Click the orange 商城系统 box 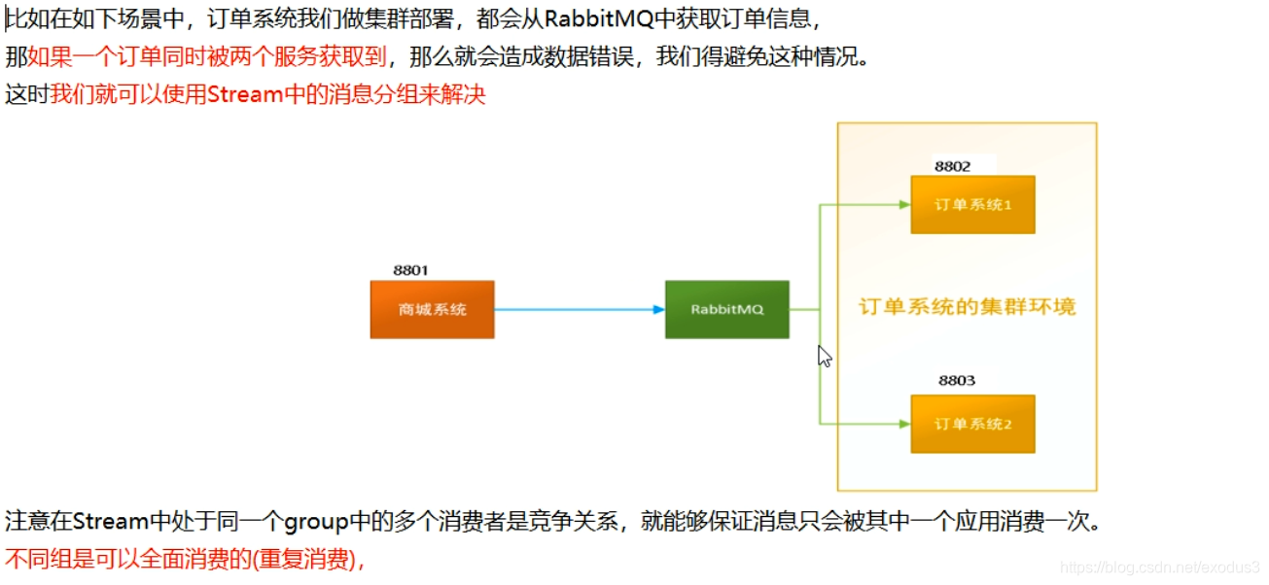click(x=432, y=309)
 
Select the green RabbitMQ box click(x=726, y=309)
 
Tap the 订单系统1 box click(x=972, y=205)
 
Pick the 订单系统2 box click(x=972, y=424)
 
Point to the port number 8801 click(x=410, y=270)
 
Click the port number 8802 click(x=952, y=166)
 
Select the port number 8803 click(x=956, y=380)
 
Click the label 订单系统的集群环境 click(x=967, y=307)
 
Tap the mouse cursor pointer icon click(x=824, y=356)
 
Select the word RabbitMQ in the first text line click(x=599, y=18)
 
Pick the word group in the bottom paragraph click(x=315, y=523)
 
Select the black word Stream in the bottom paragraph click(x=110, y=523)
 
